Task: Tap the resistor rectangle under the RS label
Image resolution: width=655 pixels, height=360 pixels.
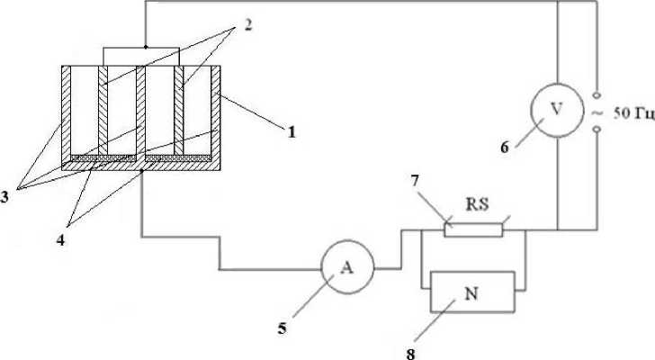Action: coord(472,229)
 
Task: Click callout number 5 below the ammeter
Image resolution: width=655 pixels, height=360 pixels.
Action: coord(282,328)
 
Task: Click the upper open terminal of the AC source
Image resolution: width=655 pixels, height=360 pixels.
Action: coord(597,94)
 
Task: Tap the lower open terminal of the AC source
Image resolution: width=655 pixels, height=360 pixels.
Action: coord(597,131)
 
